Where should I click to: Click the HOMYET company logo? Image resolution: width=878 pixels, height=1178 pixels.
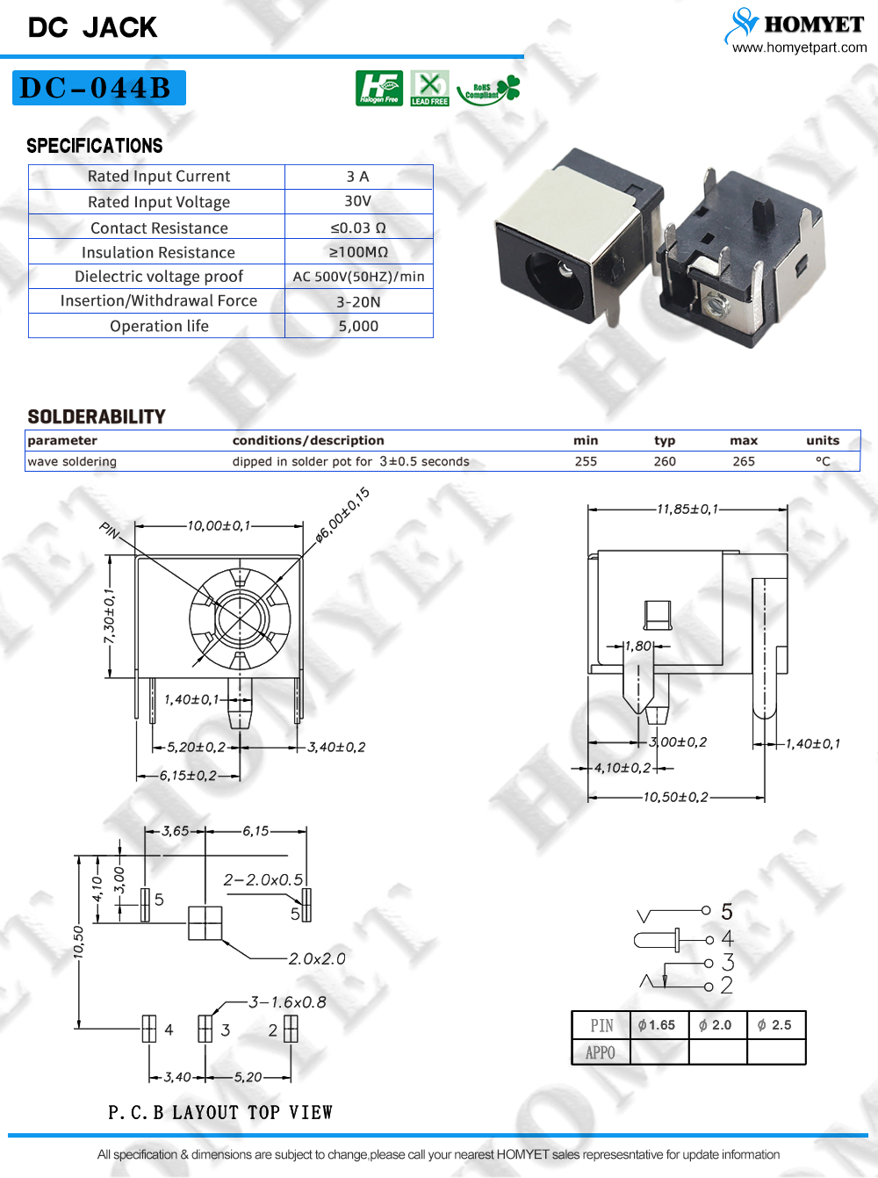tap(794, 25)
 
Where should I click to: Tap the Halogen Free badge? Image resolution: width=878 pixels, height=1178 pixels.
tap(378, 88)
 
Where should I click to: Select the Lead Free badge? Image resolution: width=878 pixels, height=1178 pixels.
tap(429, 88)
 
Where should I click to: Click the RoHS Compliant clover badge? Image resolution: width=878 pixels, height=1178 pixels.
tap(489, 90)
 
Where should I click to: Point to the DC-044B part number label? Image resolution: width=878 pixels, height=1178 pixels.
tap(99, 88)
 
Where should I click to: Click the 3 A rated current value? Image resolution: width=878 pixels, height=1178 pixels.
tap(357, 177)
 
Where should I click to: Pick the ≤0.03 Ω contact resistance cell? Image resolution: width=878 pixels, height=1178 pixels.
tap(357, 228)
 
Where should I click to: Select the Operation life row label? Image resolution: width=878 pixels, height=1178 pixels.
tap(159, 326)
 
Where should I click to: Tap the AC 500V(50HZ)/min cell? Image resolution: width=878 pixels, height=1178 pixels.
tap(358, 277)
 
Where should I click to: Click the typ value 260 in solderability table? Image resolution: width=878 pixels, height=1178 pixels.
tap(665, 461)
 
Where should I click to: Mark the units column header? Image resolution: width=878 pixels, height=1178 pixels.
tap(823, 440)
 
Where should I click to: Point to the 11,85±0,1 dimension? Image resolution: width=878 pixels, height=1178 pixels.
tap(687, 509)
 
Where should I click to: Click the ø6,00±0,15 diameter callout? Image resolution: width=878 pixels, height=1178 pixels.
tap(342, 515)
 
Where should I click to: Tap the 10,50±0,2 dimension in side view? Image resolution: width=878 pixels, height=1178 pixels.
tap(676, 797)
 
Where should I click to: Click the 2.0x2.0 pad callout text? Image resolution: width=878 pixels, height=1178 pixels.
tap(317, 958)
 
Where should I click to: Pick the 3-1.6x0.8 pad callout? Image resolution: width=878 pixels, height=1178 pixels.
tap(287, 1002)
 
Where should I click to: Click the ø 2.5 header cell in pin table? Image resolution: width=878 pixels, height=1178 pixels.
tap(775, 1024)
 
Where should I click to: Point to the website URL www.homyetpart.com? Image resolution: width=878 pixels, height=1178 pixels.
tap(799, 47)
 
